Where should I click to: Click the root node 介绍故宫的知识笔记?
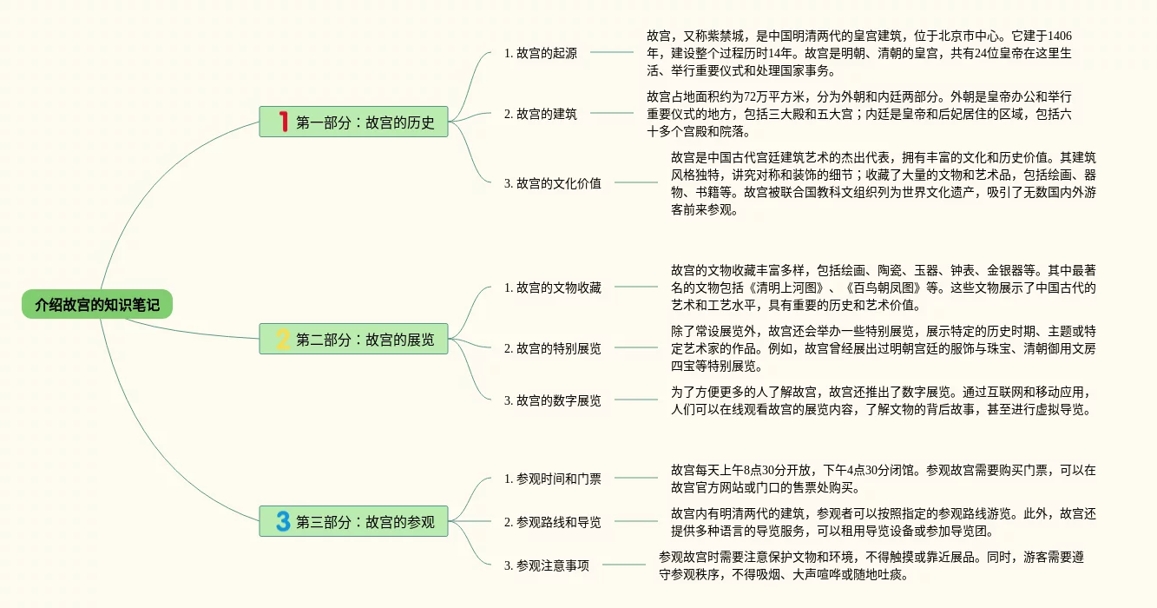coord(97,305)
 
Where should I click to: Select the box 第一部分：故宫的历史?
coord(353,122)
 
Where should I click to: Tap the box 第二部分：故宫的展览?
coord(353,339)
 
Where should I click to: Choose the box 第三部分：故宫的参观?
coord(353,522)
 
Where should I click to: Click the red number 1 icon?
coord(282,122)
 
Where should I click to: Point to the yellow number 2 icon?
coord(282,339)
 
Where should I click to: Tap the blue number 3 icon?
coord(282,522)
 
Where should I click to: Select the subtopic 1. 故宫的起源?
coord(540,53)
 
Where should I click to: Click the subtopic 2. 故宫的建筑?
coord(540,114)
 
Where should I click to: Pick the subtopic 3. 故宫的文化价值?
coord(552,183)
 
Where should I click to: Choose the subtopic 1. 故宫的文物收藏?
coord(552,287)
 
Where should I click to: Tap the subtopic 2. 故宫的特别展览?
coord(552,348)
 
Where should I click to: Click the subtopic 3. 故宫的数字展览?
coord(552,400)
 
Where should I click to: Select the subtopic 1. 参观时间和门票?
coord(552,479)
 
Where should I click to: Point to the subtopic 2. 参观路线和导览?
coord(552,522)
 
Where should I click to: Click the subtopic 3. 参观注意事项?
coord(546,565)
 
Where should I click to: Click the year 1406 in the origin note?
coord(1060,36)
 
